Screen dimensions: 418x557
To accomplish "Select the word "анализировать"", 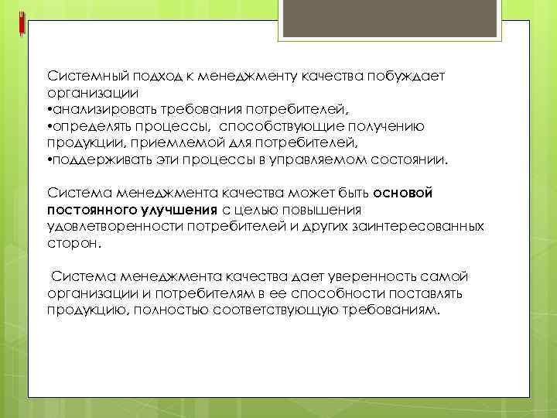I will point(97,110).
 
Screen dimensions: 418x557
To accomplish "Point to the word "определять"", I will point(87,126).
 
